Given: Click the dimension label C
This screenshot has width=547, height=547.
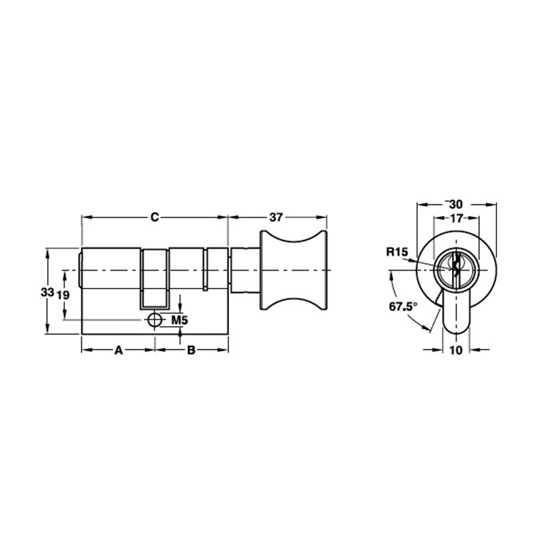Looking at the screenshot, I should pos(155,217).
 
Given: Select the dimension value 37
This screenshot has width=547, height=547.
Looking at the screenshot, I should pos(276,217).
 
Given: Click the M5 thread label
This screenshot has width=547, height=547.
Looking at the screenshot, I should pos(179,320).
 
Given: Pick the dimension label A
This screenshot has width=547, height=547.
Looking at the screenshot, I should pos(118,350).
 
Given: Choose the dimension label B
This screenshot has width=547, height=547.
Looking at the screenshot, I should pos(191,350).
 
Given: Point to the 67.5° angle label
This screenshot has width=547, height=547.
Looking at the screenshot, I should pos(403,307).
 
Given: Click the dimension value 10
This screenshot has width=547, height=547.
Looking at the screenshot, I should pos(456,350).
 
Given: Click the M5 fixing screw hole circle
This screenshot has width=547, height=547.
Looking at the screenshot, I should pos(155,320).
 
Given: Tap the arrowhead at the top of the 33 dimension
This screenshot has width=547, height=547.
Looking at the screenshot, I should pos(47,251).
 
